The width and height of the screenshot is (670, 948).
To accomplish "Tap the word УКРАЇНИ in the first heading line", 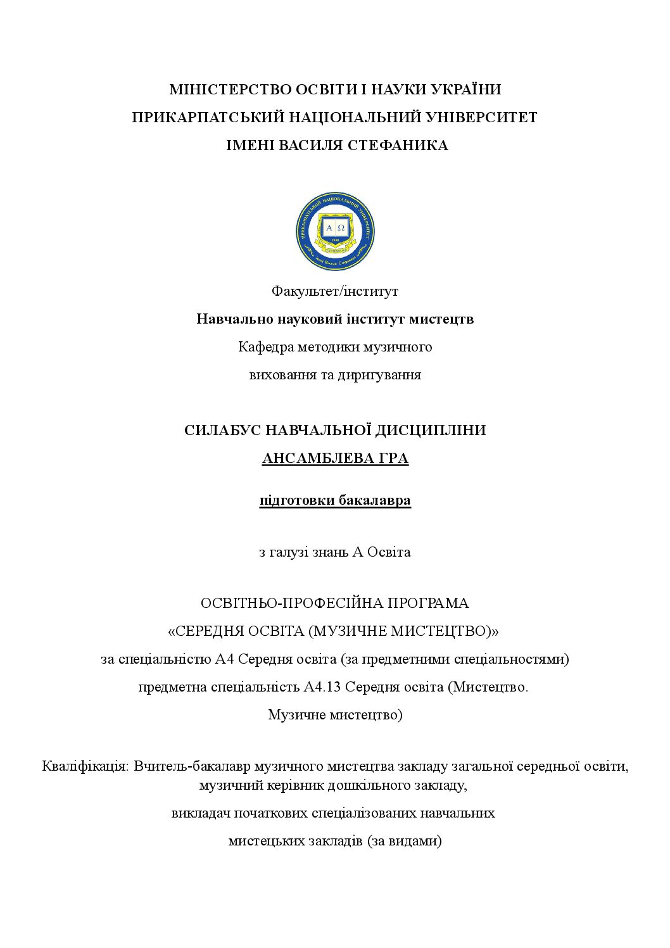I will [x=465, y=90].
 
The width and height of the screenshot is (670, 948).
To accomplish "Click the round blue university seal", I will [x=335, y=232].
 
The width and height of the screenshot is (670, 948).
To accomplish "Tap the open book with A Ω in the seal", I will [x=335, y=227].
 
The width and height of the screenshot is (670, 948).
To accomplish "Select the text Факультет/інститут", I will [x=335, y=291].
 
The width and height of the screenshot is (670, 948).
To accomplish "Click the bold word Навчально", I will [x=235, y=319].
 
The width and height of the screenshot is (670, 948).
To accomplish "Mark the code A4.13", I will [x=323, y=687].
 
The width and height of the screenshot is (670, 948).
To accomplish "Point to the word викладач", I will [x=200, y=813].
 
